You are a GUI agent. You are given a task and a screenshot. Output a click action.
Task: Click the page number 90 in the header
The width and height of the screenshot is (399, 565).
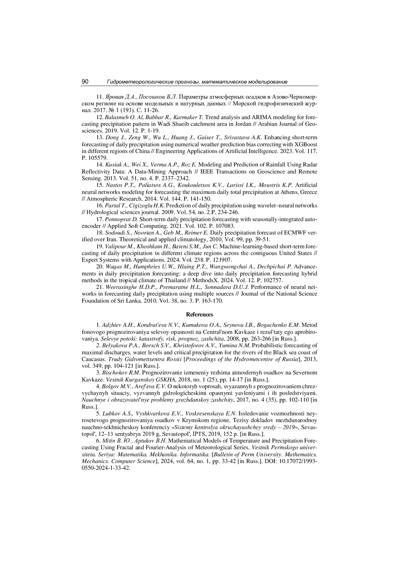(x=85, y=82)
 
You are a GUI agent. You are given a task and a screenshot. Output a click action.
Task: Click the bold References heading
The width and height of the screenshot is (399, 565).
(x=199, y=314)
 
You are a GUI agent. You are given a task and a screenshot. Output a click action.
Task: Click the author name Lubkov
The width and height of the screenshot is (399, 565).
(x=111, y=414)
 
